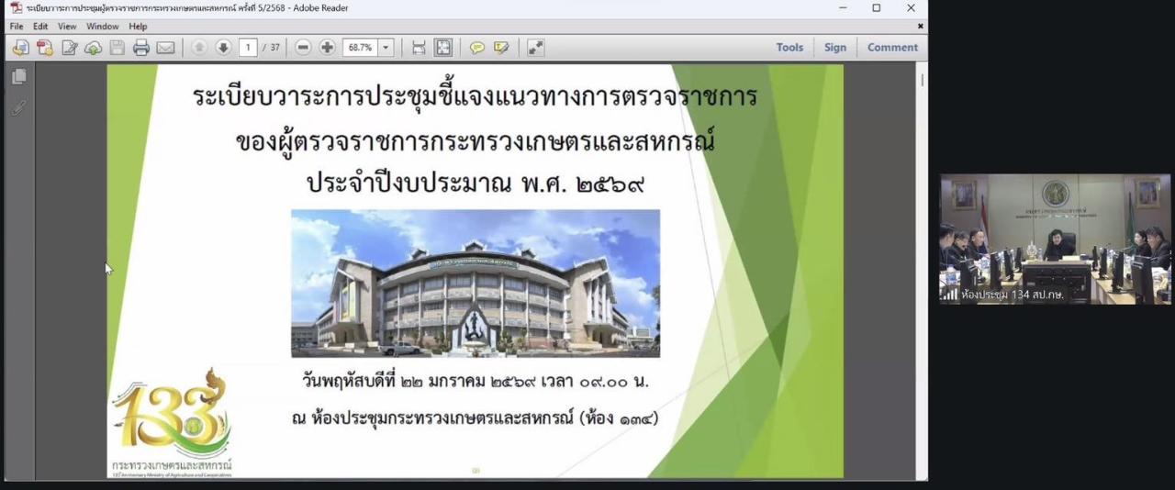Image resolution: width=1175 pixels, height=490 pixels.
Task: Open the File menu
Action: pos(17,27)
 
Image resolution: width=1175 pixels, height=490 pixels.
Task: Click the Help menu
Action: pos(138,27)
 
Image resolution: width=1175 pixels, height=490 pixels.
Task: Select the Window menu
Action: pos(103,27)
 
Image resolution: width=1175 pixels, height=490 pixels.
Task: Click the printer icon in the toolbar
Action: pos(141,48)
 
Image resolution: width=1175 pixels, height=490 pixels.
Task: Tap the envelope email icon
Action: pos(165,48)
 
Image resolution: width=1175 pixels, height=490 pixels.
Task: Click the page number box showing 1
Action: pos(248,48)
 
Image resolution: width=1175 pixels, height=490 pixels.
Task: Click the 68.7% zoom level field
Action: pos(359,48)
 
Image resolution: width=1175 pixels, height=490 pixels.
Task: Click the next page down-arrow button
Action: pos(223,48)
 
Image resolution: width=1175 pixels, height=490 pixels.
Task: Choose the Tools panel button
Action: pos(789,48)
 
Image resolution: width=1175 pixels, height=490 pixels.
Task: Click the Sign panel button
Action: pos(835,48)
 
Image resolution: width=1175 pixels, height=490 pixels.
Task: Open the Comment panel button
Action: pos(892,48)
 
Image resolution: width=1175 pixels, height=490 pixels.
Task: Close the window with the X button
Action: pos(911,8)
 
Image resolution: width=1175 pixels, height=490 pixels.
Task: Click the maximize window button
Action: pos(877,8)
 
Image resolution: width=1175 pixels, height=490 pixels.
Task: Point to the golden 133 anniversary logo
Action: pos(173,418)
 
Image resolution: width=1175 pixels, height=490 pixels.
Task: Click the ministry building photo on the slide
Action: pos(476,283)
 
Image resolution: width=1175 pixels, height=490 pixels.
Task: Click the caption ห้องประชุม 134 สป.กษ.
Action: pos(1012,295)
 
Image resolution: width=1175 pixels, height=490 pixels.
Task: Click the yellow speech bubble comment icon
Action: pos(477,48)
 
